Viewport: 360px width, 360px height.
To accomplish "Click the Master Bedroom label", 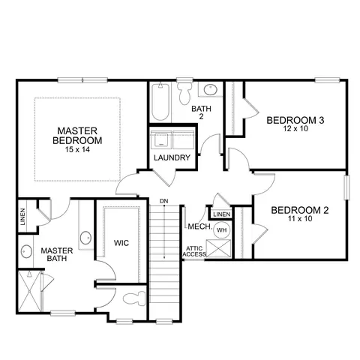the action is click(x=77, y=136).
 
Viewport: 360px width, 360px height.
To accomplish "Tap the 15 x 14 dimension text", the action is click(x=77, y=150).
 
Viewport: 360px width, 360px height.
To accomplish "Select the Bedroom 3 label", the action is click(x=295, y=120).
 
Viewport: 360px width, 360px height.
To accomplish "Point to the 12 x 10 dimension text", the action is click(x=295, y=129).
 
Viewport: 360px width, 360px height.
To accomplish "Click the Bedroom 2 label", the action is click(x=300, y=210).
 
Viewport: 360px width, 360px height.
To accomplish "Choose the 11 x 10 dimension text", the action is click(x=300, y=219).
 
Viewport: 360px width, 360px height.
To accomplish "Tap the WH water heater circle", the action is click(x=222, y=229).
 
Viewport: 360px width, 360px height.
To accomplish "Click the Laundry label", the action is click(x=172, y=157).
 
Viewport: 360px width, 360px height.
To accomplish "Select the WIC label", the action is click(x=121, y=243).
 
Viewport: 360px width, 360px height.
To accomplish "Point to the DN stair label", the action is click(x=164, y=201).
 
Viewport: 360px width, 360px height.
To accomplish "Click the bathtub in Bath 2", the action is click(x=160, y=102).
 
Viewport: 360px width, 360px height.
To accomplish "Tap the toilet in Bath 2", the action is click(x=185, y=93).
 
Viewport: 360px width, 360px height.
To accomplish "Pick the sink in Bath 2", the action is click(x=211, y=90).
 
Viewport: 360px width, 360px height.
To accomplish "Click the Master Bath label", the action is click(x=57, y=254).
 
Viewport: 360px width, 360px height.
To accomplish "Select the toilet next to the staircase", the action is click(x=134, y=298).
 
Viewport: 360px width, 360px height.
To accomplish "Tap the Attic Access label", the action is click(x=194, y=251).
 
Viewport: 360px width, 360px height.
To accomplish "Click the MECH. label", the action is click(x=200, y=226).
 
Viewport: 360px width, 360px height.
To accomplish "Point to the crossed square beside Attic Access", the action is click(x=218, y=248).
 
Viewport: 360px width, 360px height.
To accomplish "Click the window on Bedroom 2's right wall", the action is click(x=346, y=187).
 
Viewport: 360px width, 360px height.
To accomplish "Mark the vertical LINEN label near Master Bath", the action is click(x=22, y=217).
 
